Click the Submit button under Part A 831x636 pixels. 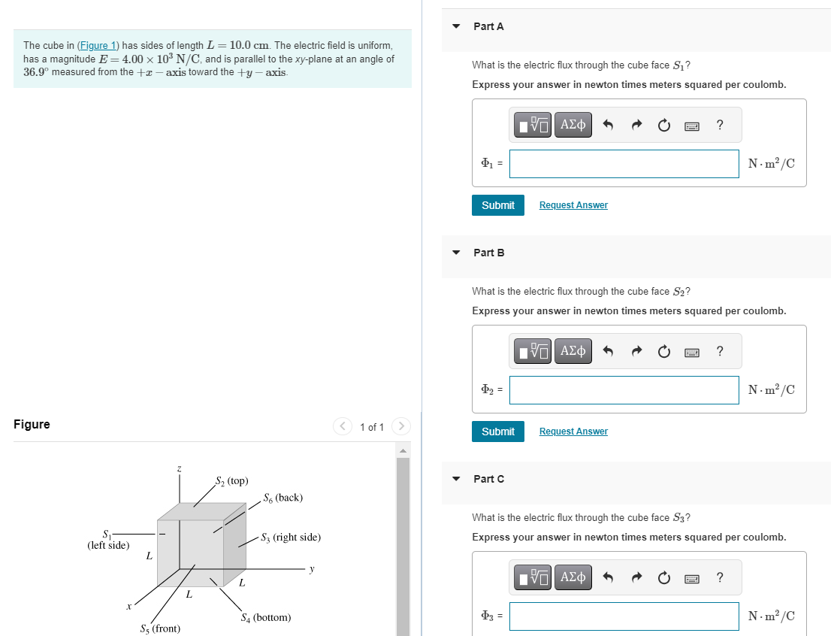pos(497,205)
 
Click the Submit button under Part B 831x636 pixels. pos(497,432)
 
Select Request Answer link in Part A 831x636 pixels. pos(573,205)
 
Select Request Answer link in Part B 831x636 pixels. pos(573,432)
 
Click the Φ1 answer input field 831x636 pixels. pos(624,164)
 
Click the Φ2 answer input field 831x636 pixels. pos(624,390)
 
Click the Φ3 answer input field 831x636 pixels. pos(624,616)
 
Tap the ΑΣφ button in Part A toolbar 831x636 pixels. pos(573,125)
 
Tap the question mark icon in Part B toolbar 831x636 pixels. pos(720,351)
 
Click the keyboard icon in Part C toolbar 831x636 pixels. pos(692,578)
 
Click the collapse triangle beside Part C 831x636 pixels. pos(456,479)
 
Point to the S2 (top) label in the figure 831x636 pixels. pos(231,480)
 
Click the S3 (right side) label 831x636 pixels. pos(290,538)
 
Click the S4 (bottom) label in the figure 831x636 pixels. pos(265,618)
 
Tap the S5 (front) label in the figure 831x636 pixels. pos(160,628)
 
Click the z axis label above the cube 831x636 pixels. pos(179,469)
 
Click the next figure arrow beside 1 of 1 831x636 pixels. pos(402,427)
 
